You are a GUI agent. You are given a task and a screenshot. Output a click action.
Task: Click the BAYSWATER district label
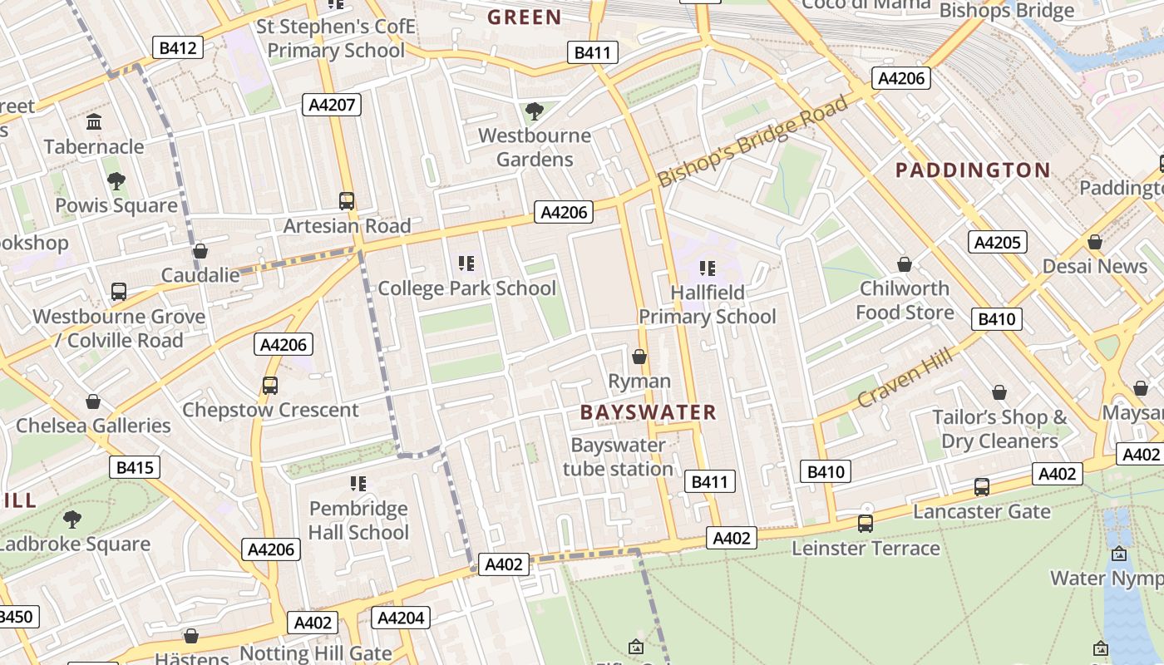click(648, 412)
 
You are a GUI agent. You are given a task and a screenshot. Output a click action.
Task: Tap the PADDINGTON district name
click(973, 170)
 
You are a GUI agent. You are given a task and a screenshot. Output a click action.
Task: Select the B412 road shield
click(178, 47)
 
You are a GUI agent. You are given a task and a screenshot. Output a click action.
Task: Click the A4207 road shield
click(331, 105)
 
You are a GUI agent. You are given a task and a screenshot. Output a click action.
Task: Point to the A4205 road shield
click(997, 242)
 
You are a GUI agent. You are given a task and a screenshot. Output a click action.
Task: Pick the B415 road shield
click(134, 467)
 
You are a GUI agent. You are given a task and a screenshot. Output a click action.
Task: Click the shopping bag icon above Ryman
click(639, 357)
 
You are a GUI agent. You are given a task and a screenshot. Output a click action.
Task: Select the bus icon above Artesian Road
click(347, 200)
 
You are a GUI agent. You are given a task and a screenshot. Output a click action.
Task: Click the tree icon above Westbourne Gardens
click(535, 111)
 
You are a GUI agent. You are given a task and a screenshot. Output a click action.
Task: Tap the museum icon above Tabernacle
click(94, 122)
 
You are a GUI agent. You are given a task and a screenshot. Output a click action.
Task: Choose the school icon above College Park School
click(466, 264)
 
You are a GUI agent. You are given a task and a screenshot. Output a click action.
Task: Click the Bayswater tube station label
click(618, 457)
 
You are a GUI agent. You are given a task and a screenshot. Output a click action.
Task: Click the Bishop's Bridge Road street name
click(752, 141)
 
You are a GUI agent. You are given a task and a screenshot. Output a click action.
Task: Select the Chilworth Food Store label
click(905, 300)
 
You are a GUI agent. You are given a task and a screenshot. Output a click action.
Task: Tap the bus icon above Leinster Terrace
click(866, 524)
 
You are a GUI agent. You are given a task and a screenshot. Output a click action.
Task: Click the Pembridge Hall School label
click(358, 520)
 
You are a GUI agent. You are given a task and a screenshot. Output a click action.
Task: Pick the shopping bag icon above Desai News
click(1095, 242)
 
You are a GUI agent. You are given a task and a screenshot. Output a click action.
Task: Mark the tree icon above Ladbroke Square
click(72, 520)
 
